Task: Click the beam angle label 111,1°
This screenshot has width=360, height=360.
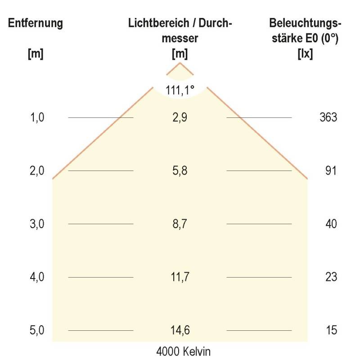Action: [x=180, y=90]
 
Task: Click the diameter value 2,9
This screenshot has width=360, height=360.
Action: [x=180, y=117]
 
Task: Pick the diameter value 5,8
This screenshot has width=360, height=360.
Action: [x=180, y=171]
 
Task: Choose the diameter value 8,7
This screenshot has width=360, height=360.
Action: [x=180, y=224]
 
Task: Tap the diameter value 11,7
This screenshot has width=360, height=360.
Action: [x=180, y=277]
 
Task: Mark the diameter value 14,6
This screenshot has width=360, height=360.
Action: [x=180, y=331]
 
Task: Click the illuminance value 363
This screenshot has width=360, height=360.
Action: [x=328, y=117]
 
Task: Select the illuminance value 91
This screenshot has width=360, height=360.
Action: [x=331, y=171]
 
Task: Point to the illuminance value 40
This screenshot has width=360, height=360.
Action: [x=331, y=224]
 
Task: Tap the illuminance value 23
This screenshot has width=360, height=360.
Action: [x=331, y=277]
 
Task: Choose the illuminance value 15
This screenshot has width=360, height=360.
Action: [x=331, y=331]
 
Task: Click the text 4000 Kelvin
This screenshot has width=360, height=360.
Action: [x=183, y=351]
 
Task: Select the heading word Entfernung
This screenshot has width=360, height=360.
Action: [x=36, y=23]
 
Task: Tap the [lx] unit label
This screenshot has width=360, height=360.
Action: [x=306, y=54]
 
